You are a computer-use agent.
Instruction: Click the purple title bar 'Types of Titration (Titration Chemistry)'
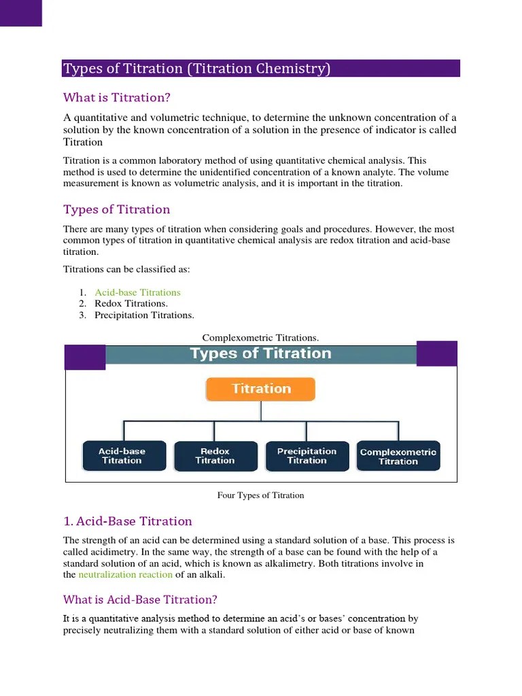(x=261, y=69)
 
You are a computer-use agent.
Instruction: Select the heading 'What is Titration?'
(x=117, y=97)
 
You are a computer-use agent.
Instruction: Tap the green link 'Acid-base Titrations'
(x=137, y=292)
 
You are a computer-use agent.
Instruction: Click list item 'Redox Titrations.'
(x=131, y=304)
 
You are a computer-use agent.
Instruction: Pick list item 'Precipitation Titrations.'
(x=144, y=315)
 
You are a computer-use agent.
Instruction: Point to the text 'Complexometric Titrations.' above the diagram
(x=261, y=338)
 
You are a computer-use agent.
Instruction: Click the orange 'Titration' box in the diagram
(x=261, y=389)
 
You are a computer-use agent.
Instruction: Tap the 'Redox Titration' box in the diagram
(x=215, y=455)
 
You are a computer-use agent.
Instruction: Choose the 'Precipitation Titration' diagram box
(x=307, y=455)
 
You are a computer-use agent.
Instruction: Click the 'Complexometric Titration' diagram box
(x=398, y=456)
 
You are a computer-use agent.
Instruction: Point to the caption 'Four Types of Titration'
(x=261, y=495)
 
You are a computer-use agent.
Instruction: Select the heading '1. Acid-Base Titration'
(x=128, y=521)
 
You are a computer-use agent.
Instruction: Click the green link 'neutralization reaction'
(x=126, y=575)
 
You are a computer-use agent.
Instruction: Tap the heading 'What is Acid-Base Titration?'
(x=140, y=599)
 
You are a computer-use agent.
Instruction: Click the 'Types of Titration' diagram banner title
(x=261, y=353)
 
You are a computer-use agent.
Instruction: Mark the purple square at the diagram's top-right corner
(x=436, y=353)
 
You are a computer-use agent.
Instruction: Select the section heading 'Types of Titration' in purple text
(x=117, y=209)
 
